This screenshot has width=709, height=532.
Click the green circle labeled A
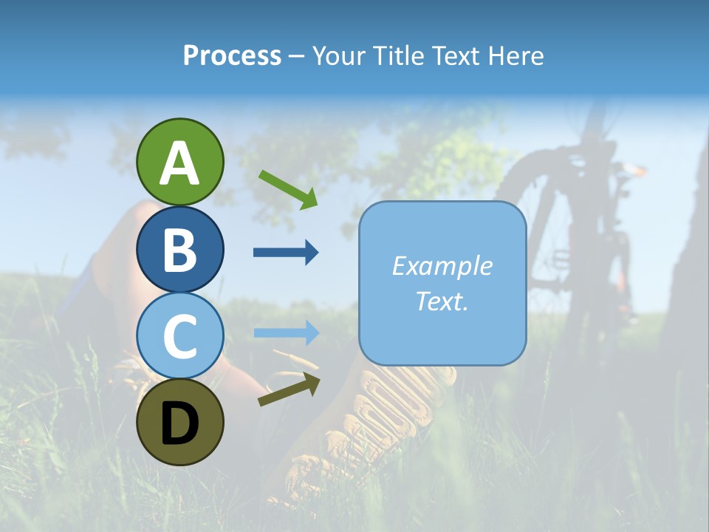click(179, 162)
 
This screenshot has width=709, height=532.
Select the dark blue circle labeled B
click(179, 249)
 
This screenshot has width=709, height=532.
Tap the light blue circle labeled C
click(179, 335)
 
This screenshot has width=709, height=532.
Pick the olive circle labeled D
click(179, 422)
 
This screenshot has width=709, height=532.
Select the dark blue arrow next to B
click(286, 253)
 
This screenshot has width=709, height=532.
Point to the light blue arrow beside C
click(286, 332)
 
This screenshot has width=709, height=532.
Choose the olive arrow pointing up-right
click(290, 389)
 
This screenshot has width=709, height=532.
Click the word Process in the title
click(232, 56)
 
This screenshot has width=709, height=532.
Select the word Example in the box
click(442, 266)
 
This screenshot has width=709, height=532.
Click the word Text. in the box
click(442, 301)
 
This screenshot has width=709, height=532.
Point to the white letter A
click(179, 163)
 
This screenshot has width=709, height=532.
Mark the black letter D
click(179, 423)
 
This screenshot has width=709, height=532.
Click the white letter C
click(179, 336)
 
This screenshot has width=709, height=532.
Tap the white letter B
click(179, 250)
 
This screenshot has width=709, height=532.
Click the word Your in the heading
click(338, 56)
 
